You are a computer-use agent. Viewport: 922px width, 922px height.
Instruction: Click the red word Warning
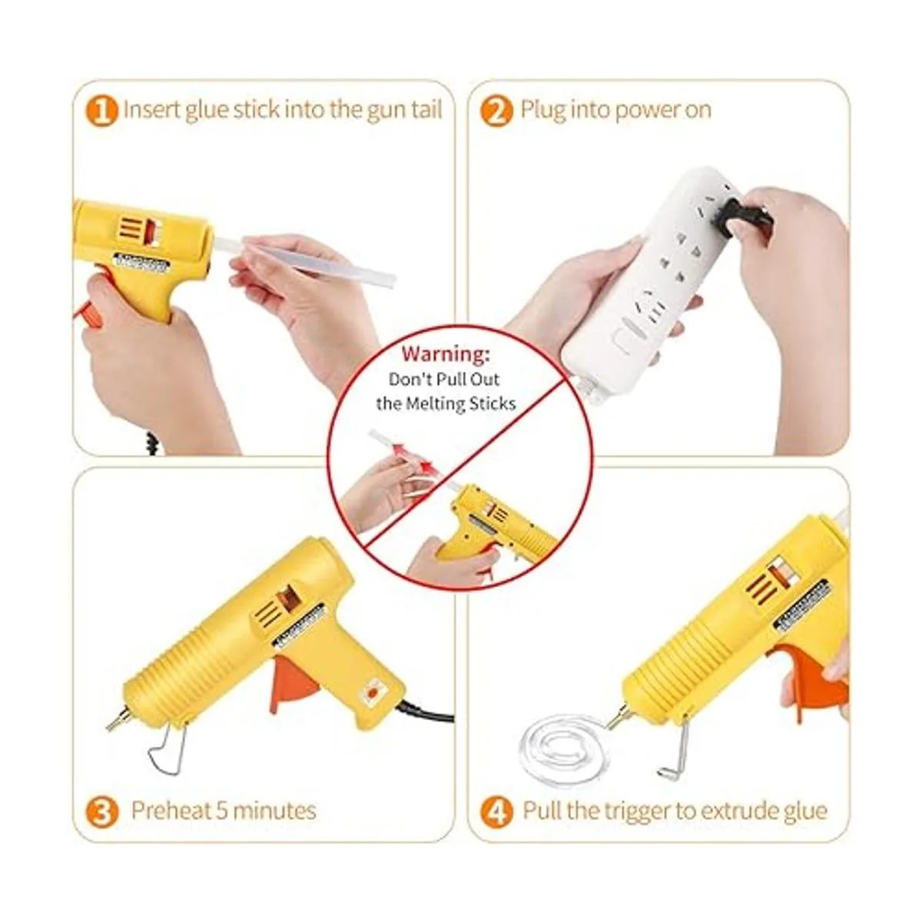[x=446, y=354]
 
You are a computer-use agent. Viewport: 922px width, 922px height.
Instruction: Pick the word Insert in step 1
[x=151, y=110]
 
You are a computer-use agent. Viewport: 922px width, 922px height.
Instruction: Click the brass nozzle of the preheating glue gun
[x=118, y=719]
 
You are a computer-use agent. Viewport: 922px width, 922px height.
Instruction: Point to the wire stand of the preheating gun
[x=167, y=751]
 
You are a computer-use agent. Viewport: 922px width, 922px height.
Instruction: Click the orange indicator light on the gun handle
[x=371, y=693]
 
